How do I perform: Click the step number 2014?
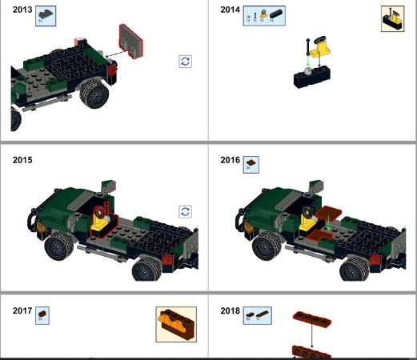[x=231, y=9]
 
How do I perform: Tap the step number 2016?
[x=231, y=160]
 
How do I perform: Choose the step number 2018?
[x=231, y=310]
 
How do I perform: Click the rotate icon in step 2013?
[x=186, y=62]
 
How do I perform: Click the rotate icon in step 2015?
[x=186, y=211]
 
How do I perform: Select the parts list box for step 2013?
[x=46, y=14]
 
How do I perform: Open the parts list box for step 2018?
[x=257, y=315]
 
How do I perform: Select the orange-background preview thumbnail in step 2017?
[x=176, y=325]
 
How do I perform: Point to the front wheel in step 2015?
[x=60, y=248]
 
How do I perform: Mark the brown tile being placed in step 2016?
[x=331, y=216]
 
